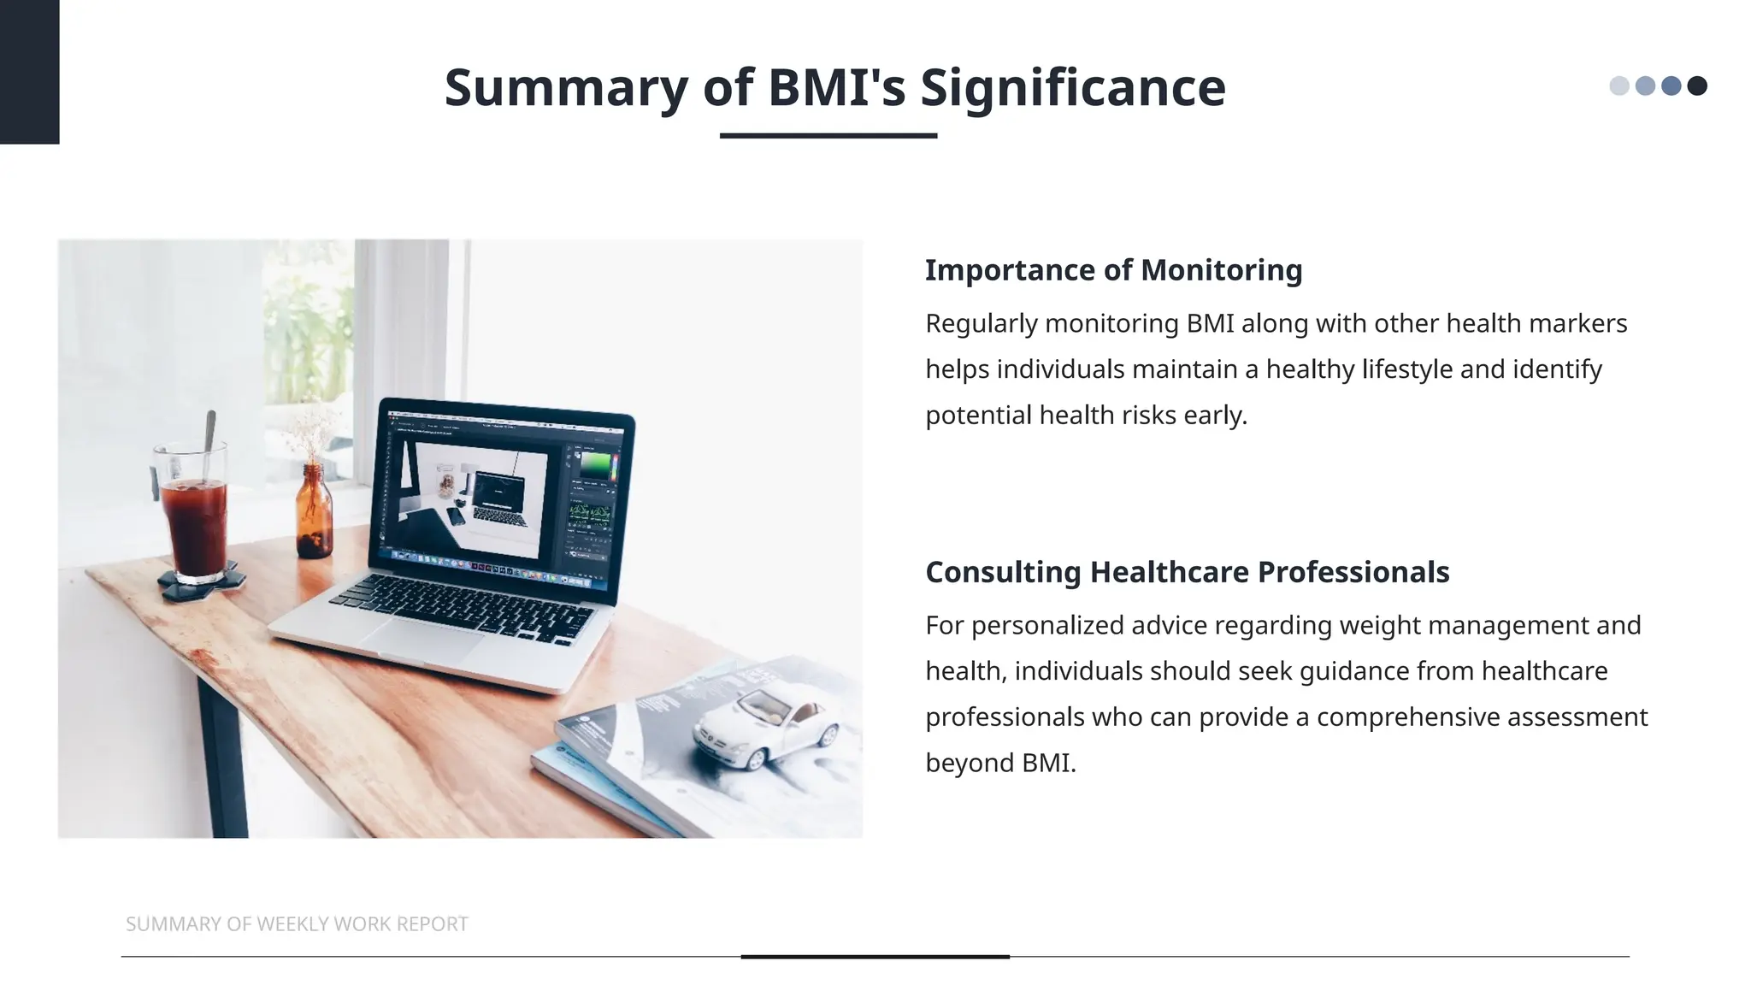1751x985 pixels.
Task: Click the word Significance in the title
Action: click(x=1072, y=87)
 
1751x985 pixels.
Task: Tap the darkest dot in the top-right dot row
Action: click(x=1697, y=86)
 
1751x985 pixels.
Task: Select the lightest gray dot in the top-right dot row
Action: click(x=1618, y=86)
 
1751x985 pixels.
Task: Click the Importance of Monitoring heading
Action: click(x=1113, y=270)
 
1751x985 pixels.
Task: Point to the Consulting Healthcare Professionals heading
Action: click(x=1187, y=572)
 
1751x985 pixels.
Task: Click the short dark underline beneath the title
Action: click(x=828, y=135)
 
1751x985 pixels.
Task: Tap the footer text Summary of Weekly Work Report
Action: click(x=297, y=923)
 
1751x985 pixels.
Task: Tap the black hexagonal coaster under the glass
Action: click(x=202, y=584)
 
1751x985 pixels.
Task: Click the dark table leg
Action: click(x=223, y=761)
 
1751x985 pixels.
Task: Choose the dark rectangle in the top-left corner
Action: click(x=29, y=72)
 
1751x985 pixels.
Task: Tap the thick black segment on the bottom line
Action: click(x=875, y=956)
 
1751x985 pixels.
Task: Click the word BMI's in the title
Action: click(x=836, y=87)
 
